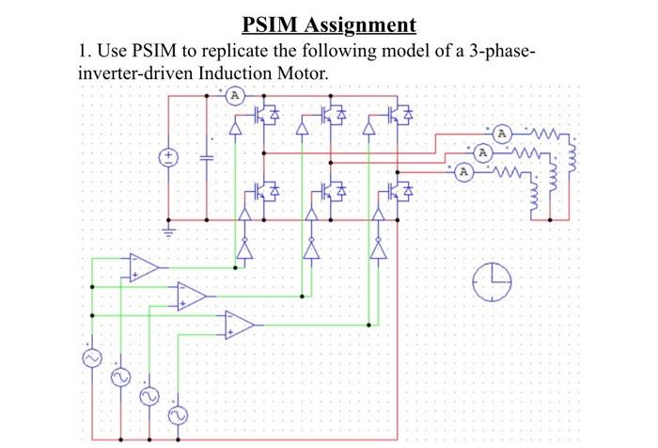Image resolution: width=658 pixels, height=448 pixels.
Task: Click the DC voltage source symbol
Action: [x=169, y=156]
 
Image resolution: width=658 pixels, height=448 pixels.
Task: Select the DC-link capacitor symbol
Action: [x=208, y=156]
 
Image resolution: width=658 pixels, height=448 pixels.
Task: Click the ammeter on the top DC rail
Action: [x=235, y=95]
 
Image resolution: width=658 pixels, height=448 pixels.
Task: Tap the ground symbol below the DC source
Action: [x=169, y=228]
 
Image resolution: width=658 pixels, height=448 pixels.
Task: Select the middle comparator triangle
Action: [x=191, y=296]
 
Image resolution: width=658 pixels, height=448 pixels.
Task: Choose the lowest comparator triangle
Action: [x=239, y=326]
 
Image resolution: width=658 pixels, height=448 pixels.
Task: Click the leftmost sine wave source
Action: [x=92, y=359]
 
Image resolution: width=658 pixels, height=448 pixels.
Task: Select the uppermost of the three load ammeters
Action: [x=502, y=134]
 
